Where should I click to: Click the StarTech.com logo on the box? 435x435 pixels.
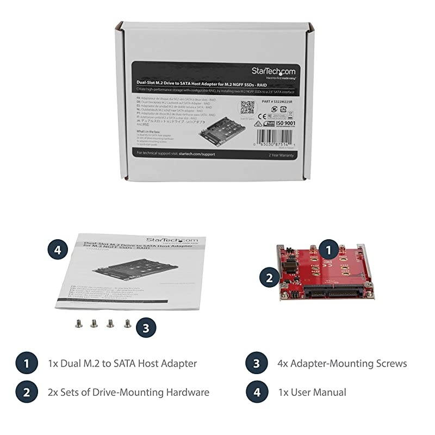click(x=273, y=72)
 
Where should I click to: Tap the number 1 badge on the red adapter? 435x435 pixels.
click(x=327, y=250)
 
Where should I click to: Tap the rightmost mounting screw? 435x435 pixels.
click(x=127, y=324)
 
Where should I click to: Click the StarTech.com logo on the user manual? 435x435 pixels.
click(x=175, y=240)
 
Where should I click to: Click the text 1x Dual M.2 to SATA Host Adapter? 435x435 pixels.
click(x=122, y=363)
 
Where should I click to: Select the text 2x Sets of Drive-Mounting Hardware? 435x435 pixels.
click(x=128, y=391)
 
